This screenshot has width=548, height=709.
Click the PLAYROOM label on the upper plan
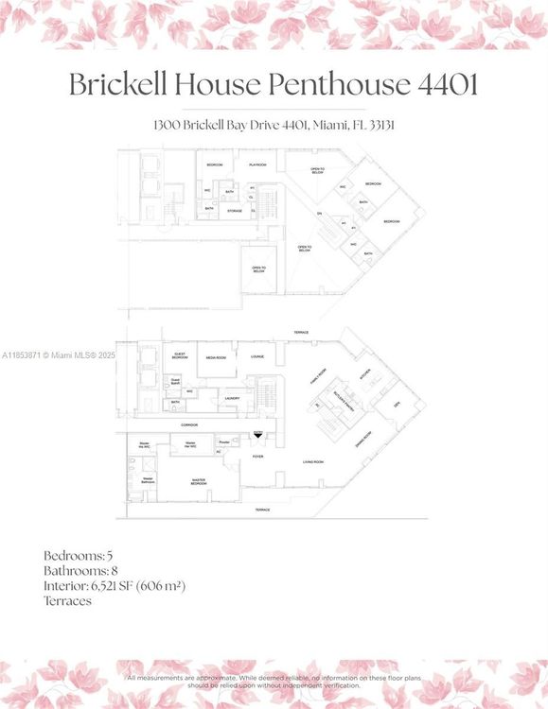click(257, 164)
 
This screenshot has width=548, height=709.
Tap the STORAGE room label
click(235, 211)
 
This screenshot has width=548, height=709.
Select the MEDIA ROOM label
click(216, 357)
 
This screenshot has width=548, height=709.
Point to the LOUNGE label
click(256, 356)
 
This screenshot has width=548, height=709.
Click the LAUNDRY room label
click(232, 398)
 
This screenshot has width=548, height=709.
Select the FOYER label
click(257, 456)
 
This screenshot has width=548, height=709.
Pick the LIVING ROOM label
click(313, 461)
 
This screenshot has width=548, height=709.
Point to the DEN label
click(397, 405)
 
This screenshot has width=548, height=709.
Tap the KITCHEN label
click(364, 372)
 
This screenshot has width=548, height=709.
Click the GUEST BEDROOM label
click(180, 357)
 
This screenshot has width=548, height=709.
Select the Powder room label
click(223, 441)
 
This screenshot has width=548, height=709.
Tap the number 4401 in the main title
click(447, 84)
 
